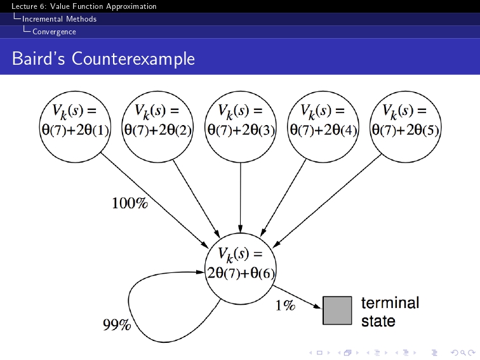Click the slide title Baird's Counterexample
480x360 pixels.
pyautogui.click(x=103, y=59)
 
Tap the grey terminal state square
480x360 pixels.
pyautogui.click(x=337, y=310)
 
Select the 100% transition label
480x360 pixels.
pyautogui.click(x=130, y=204)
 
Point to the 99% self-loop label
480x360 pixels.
pyautogui.click(x=117, y=326)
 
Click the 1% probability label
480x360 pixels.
pyautogui.click(x=285, y=306)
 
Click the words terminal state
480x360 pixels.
pyautogui.click(x=390, y=312)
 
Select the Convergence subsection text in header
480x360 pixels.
pyautogui.click(x=54, y=32)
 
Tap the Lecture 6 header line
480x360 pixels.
pyautogui.click(x=84, y=6)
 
